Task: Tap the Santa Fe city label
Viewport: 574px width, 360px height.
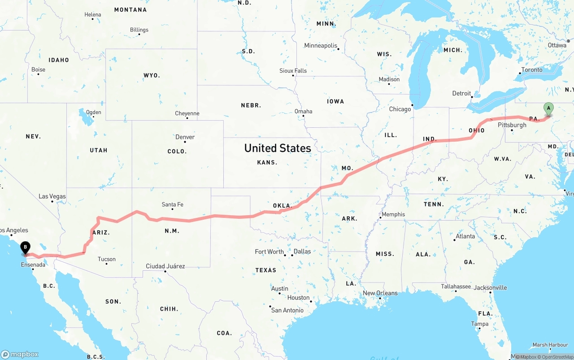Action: click(172, 205)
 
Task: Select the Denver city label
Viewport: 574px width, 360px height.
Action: click(185, 137)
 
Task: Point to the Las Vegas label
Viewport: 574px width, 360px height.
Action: click(52, 196)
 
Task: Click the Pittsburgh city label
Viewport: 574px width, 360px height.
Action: click(512, 125)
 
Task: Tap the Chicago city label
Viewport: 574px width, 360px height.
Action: click(400, 109)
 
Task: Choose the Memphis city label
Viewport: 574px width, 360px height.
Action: click(393, 214)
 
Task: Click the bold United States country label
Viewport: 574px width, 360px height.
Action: click(278, 148)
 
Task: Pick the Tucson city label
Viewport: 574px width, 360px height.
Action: click(107, 259)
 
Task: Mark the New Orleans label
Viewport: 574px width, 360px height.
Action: click(380, 293)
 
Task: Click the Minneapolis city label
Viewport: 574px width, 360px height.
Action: click(320, 46)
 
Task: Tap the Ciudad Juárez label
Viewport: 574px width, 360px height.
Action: click(165, 266)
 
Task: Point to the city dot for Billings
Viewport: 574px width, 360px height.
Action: click(139, 35)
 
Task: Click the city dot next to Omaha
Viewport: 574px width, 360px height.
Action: click(304, 116)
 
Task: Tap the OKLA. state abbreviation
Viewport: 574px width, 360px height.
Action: click(282, 206)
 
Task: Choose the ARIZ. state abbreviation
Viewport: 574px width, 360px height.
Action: click(101, 233)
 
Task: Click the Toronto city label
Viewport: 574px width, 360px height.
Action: click(531, 70)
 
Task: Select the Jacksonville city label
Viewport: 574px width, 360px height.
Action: click(490, 288)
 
